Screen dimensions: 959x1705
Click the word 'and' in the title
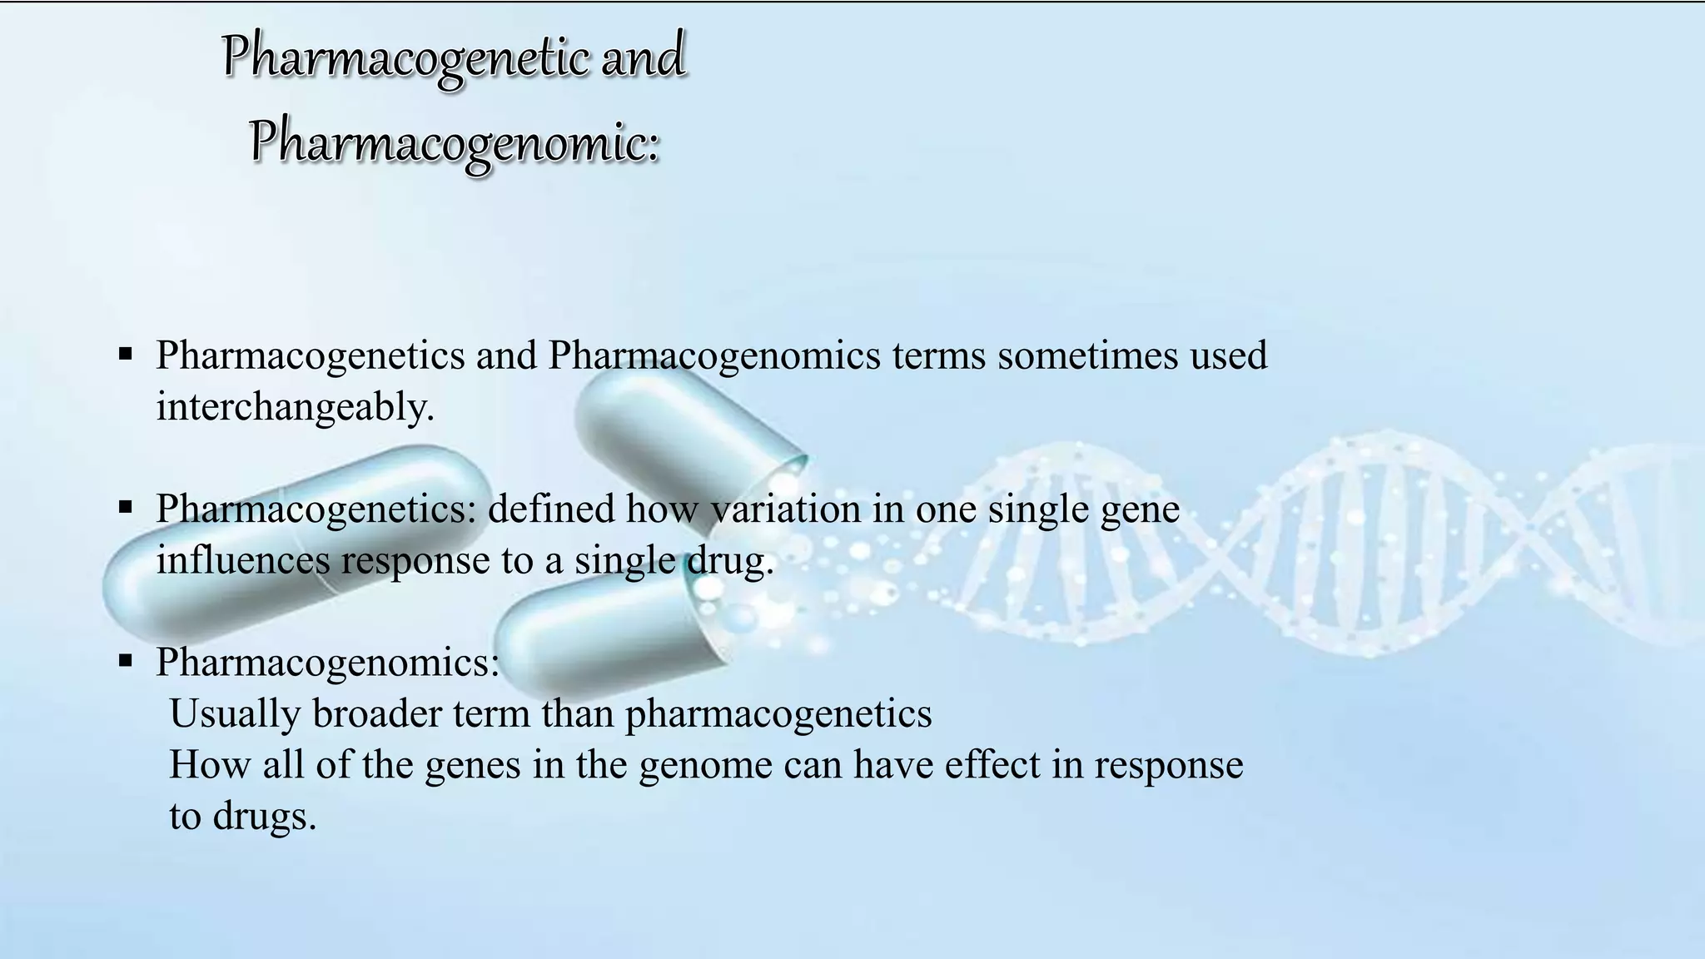pyautogui.click(x=643, y=57)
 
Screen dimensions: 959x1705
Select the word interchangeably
pyautogui.click(x=295, y=407)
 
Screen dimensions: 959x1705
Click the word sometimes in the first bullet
pyautogui.click(x=1087, y=355)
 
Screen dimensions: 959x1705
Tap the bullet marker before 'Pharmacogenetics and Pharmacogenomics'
pyautogui.click(x=126, y=354)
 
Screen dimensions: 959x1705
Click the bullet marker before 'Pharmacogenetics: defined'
pyautogui.click(x=126, y=506)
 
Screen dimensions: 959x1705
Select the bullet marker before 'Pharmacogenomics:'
pyautogui.click(x=126, y=661)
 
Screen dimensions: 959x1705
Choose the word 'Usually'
pyautogui.click(x=234, y=714)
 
